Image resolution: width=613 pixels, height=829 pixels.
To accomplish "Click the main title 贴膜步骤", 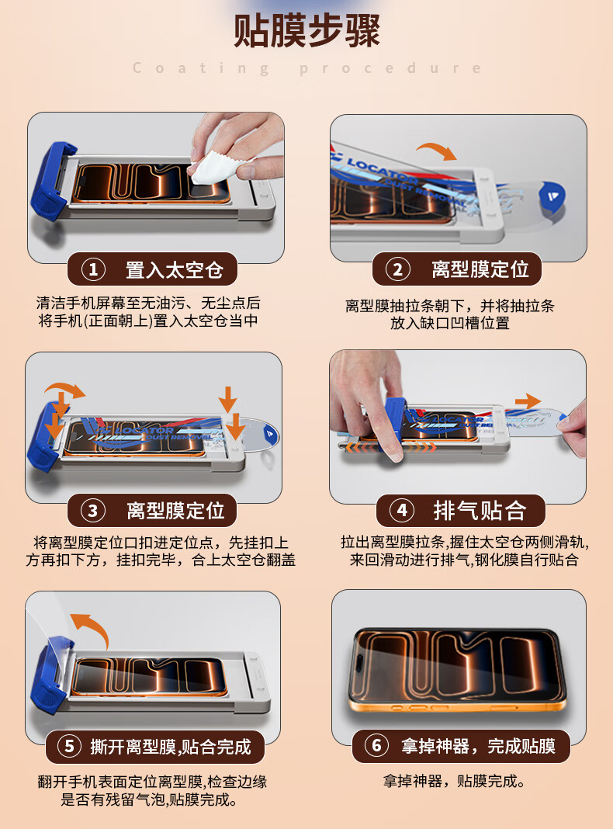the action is click(306, 31).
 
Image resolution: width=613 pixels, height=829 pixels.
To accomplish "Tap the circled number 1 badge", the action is click(93, 269).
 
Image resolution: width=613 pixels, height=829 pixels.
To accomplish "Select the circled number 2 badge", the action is click(398, 269).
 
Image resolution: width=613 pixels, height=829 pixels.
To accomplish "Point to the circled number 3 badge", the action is click(93, 511).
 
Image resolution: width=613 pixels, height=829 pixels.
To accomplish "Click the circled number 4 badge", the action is click(402, 510).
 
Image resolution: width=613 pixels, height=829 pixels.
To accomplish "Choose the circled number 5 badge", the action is click(70, 747).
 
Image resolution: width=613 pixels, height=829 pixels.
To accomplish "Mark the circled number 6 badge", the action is click(377, 745).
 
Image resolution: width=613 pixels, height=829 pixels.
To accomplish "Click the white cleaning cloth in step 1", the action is click(214, 167).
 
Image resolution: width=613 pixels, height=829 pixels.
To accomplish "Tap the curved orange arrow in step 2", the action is click(437, 150).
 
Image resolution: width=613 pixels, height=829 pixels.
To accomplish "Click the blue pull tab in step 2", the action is click(552, 198).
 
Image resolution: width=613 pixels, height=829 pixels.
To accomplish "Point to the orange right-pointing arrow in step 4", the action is click(528, 401).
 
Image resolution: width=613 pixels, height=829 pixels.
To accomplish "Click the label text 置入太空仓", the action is click(175, 269).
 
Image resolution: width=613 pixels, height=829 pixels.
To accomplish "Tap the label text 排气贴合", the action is click(480, 510).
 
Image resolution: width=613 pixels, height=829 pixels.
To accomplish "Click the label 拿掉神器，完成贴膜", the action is click(478, 745).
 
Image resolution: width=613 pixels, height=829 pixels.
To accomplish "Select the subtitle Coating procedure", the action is click(306, 68).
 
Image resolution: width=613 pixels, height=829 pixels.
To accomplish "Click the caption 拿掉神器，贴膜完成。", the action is click(454, 781).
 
